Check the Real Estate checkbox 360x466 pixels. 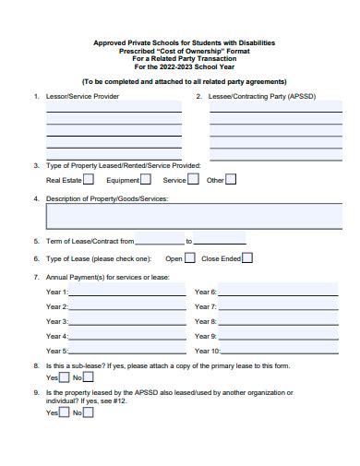[90, 180]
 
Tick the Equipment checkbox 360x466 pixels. [147, 180]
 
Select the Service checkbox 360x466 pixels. [194, 180]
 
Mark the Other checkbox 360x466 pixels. [232, 180]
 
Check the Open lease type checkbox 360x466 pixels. [190, 258]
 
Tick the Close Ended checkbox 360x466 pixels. [247, 258]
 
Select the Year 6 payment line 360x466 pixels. [274, 293]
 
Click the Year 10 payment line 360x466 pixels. [276, 352]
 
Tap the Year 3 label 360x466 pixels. [56, 321]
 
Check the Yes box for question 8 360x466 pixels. [64, 377]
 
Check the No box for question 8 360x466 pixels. [89, 377]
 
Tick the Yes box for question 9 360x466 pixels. [64, 412]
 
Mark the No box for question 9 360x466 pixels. [89, 412]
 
